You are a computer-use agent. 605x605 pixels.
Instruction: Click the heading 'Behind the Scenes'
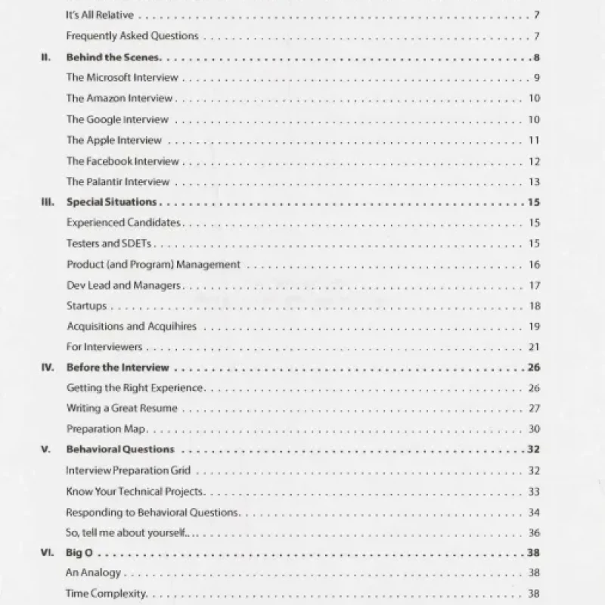(113, 57)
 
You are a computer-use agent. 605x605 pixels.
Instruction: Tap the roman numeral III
(45, 202)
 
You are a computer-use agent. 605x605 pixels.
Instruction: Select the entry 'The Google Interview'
(117, 119)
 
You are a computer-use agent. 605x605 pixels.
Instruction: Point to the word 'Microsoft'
(109, 77)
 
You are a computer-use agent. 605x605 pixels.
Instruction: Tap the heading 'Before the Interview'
(117, 368)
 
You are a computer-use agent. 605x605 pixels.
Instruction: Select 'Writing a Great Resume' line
(122, 408)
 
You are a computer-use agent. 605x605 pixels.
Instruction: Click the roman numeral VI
(45, 552)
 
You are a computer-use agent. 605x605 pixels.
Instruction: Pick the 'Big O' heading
(79, 552)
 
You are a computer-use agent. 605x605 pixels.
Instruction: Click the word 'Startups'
(86, 306)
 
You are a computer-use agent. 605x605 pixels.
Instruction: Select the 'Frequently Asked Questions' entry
(132, 36)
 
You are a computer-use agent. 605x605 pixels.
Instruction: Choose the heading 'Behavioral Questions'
(120, 449)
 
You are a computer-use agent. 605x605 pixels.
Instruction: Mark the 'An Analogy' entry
(93, 573)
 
